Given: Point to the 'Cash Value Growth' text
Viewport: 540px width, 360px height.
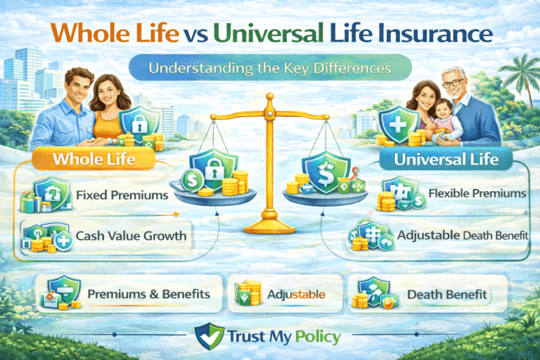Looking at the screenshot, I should tap(131, 236).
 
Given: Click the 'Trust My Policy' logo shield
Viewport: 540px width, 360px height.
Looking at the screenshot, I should tap(207, 336).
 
